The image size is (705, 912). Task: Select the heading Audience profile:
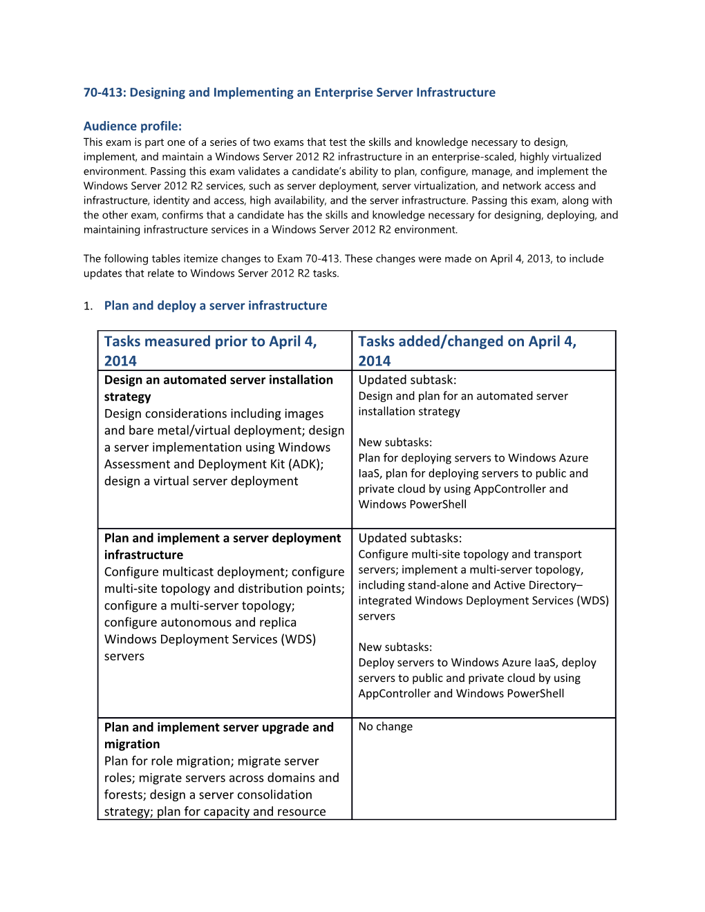(x=133, y=126)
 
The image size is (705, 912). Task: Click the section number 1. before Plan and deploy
(x=88, y=306)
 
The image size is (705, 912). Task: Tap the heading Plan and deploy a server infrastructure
(x=216, y=305)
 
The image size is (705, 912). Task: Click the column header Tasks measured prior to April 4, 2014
(x=210, y=350)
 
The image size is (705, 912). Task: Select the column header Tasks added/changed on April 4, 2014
(x=467, y=350)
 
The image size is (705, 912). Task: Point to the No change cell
(x=385, y=727)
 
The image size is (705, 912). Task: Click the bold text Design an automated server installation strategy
(x=218, y=388)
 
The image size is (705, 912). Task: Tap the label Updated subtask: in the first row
(x=407, y=380)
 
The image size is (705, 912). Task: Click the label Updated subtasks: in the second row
(x=410, y=538)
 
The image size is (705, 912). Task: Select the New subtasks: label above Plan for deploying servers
(x=395, y=442)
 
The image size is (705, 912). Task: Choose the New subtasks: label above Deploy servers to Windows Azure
(x=395, y=647)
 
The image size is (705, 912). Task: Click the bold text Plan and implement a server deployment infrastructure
(x=222, y=546)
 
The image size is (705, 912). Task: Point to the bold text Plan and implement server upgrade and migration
(x=218, y=735)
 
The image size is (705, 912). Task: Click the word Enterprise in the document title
(x=344, y=93)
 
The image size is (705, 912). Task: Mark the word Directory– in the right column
(x=556, y=585)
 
